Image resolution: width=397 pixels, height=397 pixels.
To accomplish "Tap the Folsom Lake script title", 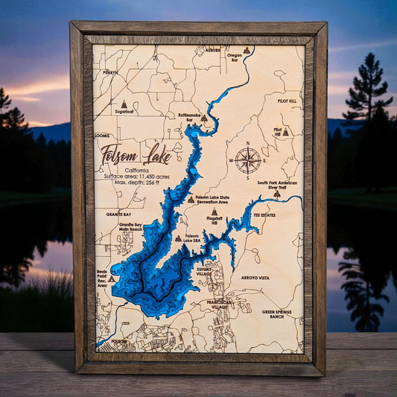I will tap(136, 157).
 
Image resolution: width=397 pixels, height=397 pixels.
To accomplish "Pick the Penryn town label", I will tap(110, 72).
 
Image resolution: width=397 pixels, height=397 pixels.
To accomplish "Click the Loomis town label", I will tap(102, 136).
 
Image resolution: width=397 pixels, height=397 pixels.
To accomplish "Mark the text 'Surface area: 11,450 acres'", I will tap(136, 177).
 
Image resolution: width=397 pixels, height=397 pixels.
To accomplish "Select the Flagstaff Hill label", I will tap(215, 221).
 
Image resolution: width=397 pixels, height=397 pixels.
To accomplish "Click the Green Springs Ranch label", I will tap(277, 315).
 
